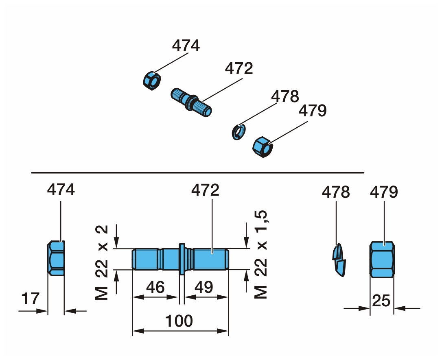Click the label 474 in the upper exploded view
coord(186,46)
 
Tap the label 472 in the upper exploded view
coord(239,68)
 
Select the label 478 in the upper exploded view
coord(285,97)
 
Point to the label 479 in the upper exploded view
coord(313,111)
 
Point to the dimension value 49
coord(203,287)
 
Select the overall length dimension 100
coord(179,321)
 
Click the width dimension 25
coord(381,301)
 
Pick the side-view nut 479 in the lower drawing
coord(382,260)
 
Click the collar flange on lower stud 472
coord(182,259)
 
